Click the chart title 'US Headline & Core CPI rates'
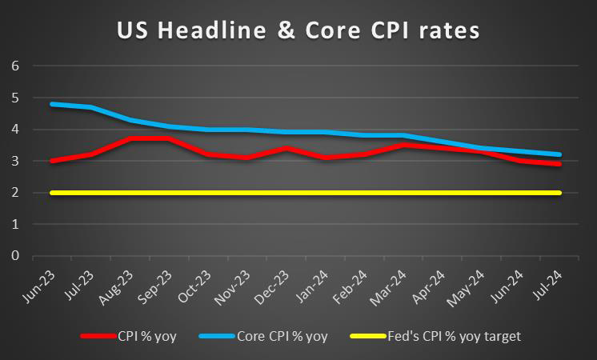[298, 31]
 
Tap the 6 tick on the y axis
[14, 66]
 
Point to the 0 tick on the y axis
[14, 256]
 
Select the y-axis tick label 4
[14, 129]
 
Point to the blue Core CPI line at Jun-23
[52, 104]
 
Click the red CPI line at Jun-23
[52, 161]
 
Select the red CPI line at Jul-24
[559, 164]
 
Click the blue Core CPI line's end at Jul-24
[559, 154]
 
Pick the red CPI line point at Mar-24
[403, 145]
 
